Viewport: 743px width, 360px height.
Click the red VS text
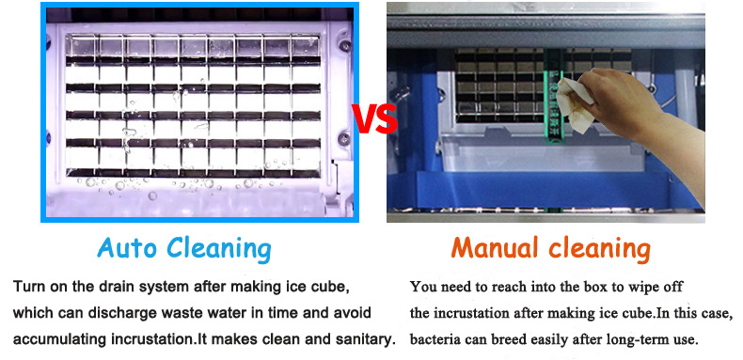click(373, 118)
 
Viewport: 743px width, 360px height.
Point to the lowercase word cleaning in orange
click(598, 248)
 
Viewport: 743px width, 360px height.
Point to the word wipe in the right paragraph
click(635, 286)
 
